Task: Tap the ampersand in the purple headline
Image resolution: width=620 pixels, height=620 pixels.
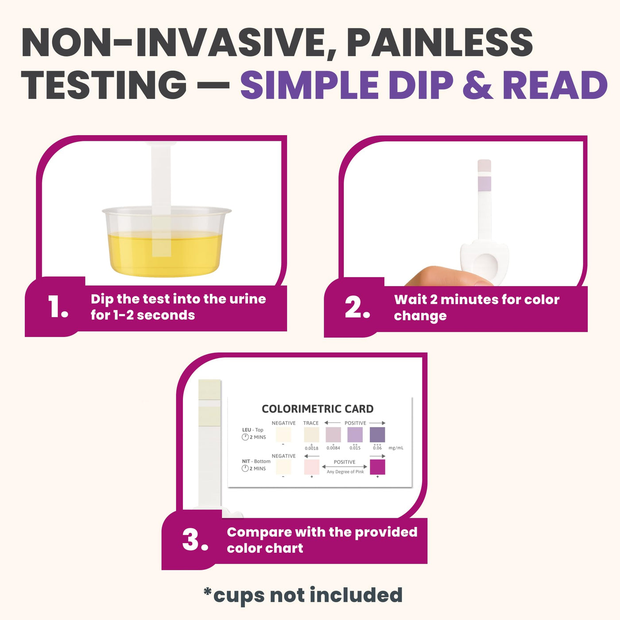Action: click(x=478, y=85)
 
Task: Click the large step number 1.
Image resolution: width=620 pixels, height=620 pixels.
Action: click(x=58, y=306)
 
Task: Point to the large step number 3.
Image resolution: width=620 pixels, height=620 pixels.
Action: click(x=195, y=539)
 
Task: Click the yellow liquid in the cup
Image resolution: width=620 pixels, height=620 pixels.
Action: click(x=165, y=254)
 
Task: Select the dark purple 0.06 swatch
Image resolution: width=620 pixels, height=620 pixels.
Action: click(x=377, y=435)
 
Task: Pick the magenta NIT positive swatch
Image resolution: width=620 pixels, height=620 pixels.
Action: click(x=377, y=467)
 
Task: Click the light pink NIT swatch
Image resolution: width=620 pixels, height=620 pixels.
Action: click(x=311, y=467)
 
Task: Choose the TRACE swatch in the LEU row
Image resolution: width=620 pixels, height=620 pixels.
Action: click(x=311, y=435)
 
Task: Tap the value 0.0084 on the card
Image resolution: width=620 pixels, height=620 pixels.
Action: click(x=333, y=448)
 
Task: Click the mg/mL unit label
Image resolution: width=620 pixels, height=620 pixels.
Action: click(x=396, y=448)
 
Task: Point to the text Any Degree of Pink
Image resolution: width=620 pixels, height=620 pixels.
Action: click(x=345, y=472)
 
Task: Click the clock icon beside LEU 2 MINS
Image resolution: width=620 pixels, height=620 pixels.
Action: click(x=245, y=437)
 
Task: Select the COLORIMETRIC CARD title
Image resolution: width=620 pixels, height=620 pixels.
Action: click(x=318, y=409)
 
